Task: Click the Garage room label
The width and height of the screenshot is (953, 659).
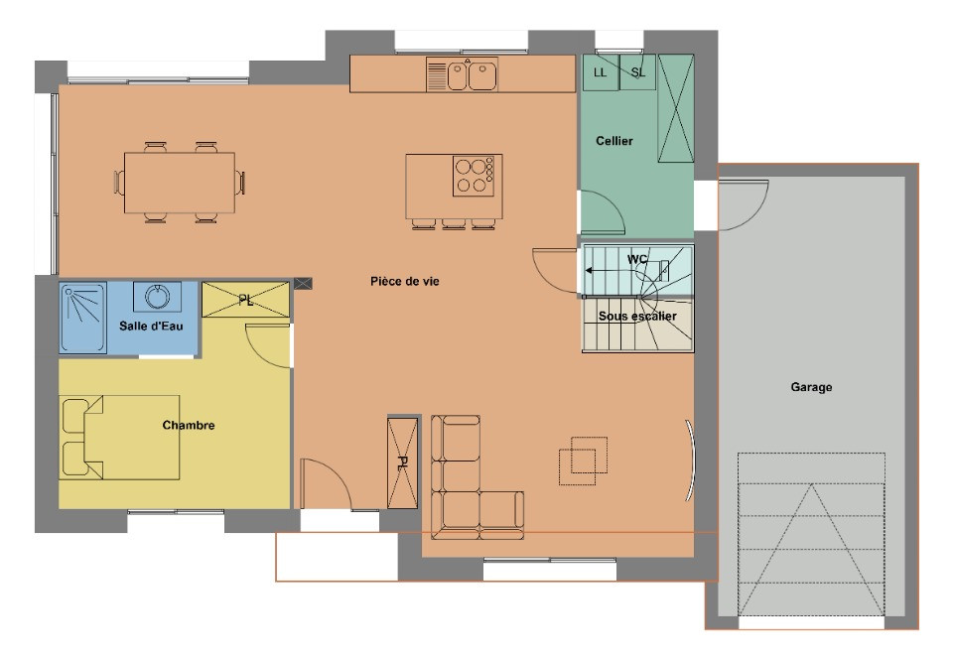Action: (811, 387)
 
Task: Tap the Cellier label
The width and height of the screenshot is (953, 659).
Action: (613, 141)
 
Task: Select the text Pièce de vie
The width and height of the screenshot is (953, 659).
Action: (405, 281)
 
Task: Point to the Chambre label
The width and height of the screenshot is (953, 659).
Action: (189, 425)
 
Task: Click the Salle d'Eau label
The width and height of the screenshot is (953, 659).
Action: (151, 327)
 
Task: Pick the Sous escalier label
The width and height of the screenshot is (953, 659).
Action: (637, 316)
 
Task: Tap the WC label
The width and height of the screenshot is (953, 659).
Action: (637, 259)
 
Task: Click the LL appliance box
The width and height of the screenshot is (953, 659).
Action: (601, 72)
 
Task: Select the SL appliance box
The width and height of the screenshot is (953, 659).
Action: (637, 72)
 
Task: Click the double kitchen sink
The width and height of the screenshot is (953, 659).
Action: (462, 74)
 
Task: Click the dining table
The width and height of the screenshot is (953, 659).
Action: (180, 183)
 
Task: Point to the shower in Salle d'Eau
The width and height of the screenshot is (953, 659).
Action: (83, 317)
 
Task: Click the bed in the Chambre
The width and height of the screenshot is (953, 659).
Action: (120, 438)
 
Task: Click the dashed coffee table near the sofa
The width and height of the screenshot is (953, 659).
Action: (583, 461)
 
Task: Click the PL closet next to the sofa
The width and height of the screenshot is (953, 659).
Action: (402, 462)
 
